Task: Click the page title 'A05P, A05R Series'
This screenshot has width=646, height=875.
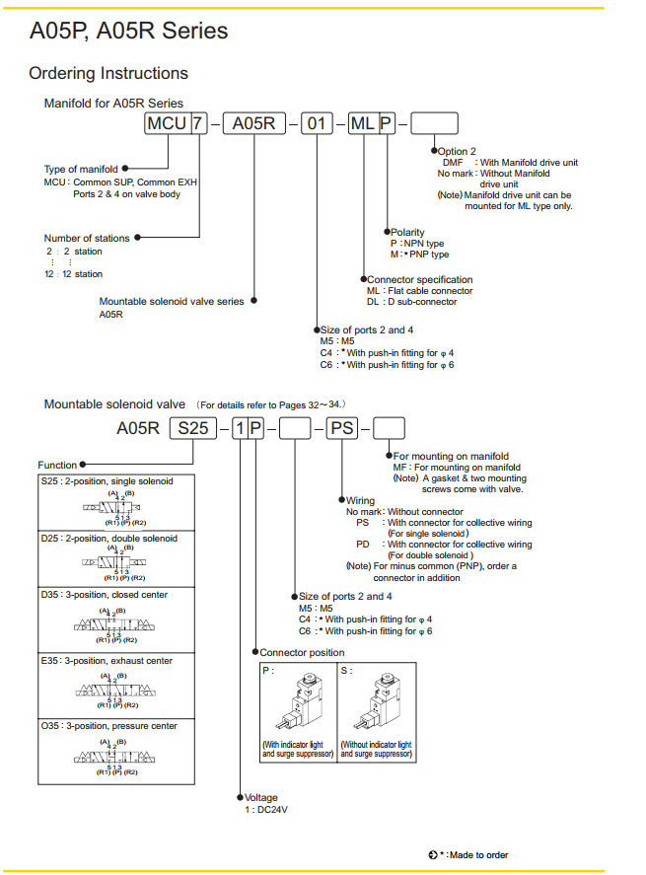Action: click(x=128, y=31)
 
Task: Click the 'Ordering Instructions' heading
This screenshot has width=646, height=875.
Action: click(x=108, y=73)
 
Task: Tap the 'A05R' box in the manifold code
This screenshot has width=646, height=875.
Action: click(x=253, y=123)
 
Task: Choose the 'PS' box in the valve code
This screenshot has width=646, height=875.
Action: click(x=342, y=428)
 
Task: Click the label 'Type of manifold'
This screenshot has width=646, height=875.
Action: click(x=81, y=170)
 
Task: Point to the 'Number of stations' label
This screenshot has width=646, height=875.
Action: click(x=87, y=238)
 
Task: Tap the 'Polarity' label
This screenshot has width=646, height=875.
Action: click(x=408, y=233)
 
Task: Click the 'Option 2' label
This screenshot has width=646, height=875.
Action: click(x=457, y=151)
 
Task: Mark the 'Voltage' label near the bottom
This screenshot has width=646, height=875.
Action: click(x=261, y=797)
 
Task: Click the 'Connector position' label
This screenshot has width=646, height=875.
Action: click(x=302, y=653)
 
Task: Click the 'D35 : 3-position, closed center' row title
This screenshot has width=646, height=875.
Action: click(x=105, y=595)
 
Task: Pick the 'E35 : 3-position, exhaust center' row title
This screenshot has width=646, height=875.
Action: click(x=108, y=660)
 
